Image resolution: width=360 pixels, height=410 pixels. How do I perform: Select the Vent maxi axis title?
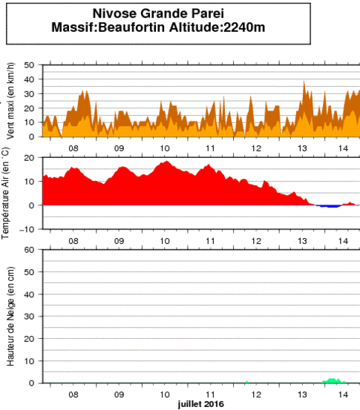(x=10, y=102)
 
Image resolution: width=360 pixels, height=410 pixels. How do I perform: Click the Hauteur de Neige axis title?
(x=10, y=317)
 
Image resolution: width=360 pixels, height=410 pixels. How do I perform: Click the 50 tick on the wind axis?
(x=30, y=65)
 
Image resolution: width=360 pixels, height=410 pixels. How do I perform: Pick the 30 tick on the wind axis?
(x=30, y=93)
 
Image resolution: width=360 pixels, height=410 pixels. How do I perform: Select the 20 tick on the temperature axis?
(x=30, y=157)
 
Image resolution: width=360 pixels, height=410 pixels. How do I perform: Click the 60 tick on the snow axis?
(x=30, y=249)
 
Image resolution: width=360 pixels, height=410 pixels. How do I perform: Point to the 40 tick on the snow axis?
(x=30, y=294)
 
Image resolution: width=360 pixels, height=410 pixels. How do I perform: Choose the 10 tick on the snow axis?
(x=30, y=360)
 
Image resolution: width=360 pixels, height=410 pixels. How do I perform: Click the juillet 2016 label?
(x=200, y=404)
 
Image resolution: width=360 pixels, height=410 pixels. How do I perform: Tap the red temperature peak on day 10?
(x=166, y=162)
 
